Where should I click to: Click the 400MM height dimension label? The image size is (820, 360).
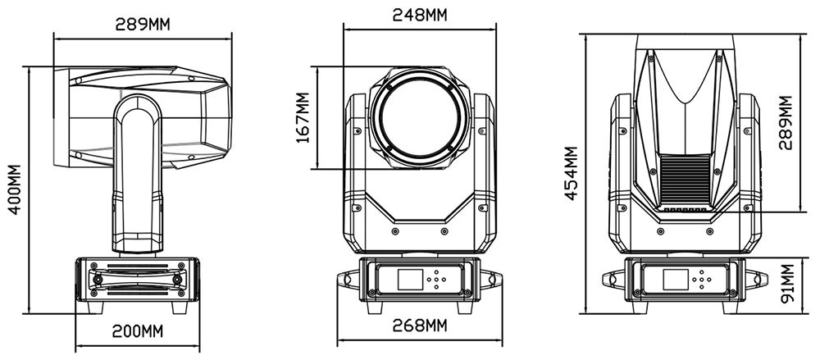point(15,189)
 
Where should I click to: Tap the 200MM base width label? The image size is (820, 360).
point(138,331)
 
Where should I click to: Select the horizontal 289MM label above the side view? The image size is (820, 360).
point(143,24)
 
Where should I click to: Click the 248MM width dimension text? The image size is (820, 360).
point(420,15)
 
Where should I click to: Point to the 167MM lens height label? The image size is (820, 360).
point(303,118)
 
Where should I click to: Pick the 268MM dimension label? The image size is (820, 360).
point(420,326)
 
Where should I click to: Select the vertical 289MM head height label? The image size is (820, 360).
point(786,123)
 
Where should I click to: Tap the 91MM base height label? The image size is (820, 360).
point(787,284)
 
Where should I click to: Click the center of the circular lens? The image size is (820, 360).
point(421,118)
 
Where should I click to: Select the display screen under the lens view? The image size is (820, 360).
point(409,280)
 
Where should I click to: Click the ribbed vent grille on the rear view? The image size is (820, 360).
point(685,181)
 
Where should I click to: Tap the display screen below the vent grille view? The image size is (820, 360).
point(675,280)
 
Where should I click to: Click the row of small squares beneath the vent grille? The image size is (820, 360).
point(685,210)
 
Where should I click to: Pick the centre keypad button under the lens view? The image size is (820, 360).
point(436,280)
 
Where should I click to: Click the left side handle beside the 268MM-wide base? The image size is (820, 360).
point(348,279)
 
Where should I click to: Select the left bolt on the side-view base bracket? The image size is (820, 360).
point(98,280)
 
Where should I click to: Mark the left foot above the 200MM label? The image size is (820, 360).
point(95,308)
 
